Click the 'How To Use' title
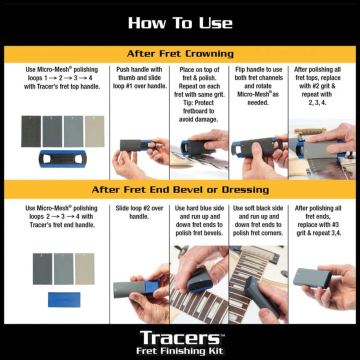pos(180,23)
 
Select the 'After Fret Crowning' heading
pos(180,53)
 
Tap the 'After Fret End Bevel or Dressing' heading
pos(180,189)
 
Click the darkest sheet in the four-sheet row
pos(31,131)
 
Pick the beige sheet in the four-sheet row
pos(94,131)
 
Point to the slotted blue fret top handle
pos(62,158)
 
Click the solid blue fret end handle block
pos(63,299)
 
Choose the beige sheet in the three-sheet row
pos(84,268)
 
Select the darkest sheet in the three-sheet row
pos(42,268)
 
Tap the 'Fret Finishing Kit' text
pos(180,351)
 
